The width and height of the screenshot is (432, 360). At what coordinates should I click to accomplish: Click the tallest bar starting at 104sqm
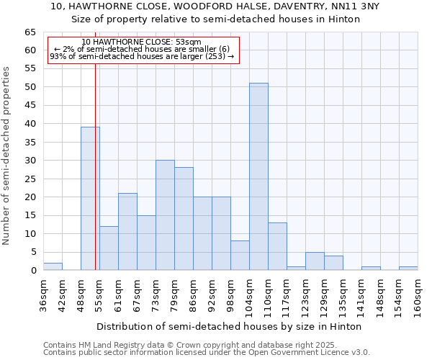tap(258, 176)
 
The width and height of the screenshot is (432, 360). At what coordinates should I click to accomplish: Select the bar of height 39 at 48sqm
tap(90, 198)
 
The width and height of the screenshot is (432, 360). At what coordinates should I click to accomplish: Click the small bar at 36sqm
tap(53, 266)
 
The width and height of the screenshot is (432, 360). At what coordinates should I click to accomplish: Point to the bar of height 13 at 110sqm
tap(277, 246)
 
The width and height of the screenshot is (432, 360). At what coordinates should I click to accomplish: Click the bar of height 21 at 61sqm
tap(127, 231)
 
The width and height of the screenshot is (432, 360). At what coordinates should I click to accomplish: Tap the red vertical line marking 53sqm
tap(95, 144)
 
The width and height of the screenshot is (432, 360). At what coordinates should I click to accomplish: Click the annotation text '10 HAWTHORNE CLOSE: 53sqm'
tap(142, 42)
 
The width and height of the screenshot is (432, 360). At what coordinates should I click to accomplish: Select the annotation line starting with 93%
tap(142, 56)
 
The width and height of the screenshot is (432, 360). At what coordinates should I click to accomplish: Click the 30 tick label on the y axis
tap(30, 161)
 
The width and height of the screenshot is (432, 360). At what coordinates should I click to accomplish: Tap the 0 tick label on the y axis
tap(32, 271)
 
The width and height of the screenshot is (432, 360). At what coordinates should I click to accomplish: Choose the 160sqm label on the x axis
tap(418, 295)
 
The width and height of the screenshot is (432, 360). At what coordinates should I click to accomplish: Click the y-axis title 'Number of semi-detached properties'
tap(7, 156)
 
